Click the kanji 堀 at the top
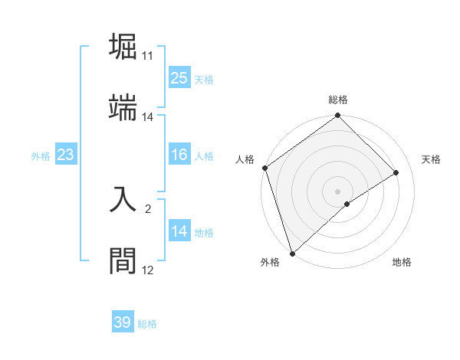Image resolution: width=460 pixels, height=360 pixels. click(x=124, y=47)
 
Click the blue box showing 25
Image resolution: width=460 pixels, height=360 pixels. click(x=179, y=78)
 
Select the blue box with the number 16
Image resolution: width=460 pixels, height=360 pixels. click(x=179, y=155)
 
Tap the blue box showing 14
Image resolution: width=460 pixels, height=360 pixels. click(x=179, y=232)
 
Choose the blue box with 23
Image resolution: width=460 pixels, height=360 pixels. click(x=65, y=155)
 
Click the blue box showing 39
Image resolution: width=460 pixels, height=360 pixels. click(x=123, y=322)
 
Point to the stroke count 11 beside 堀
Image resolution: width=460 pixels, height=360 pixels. click(x=148, y=56)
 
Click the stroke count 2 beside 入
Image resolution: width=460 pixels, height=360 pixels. click(x=148, y=208)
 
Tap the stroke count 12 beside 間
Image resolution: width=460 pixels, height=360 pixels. click(x=148, y=270)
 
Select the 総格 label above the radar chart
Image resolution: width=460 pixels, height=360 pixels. click(x=338, y=100)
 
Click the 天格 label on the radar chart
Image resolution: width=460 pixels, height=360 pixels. click(x=431, y=159)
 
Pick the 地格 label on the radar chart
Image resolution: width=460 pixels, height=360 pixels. click(x=402, y=262)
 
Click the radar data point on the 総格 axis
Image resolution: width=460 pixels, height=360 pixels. click(x=338, y=116)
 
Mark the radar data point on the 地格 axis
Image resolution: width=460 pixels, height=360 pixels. click(x=347, y=204)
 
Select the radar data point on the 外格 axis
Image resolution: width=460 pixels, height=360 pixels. click(x=291, y=253)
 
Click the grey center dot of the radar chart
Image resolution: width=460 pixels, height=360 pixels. click(x=338, y=191)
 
